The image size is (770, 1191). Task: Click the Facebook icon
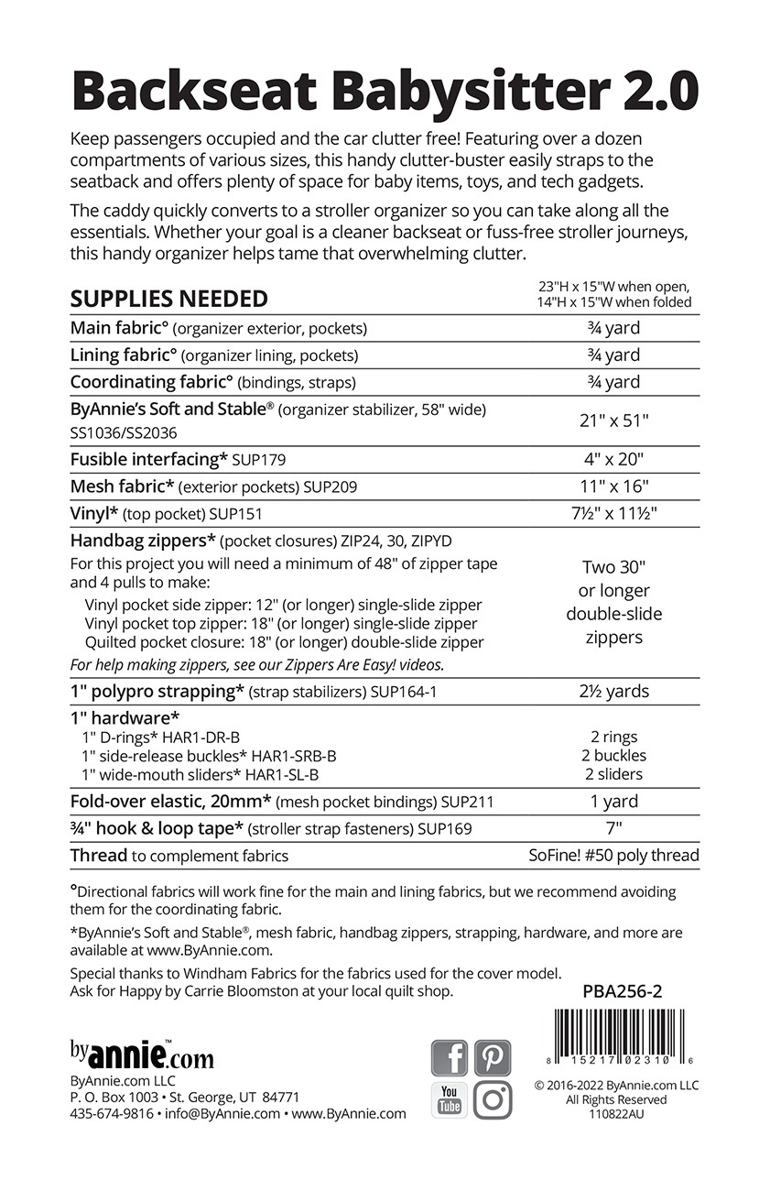coord(449,1057)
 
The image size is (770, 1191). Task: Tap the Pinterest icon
coord(493,1057)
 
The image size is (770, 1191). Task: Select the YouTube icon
coord(449,1099)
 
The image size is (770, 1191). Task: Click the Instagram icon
coord(493,1099)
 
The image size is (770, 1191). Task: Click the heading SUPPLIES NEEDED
coord(169,299)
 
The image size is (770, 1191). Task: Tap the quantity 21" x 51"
coord(613,421)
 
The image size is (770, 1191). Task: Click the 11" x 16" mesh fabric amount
coord(613,487)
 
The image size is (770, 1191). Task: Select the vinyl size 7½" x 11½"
coord(613,514)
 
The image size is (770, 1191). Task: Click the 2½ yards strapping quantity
coord(613,692)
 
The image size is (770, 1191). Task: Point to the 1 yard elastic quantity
coord(613,802)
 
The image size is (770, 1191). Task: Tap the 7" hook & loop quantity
coord(613,829)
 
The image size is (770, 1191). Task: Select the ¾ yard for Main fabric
coord(613,328)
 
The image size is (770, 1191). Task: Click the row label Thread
coord(99,856)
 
